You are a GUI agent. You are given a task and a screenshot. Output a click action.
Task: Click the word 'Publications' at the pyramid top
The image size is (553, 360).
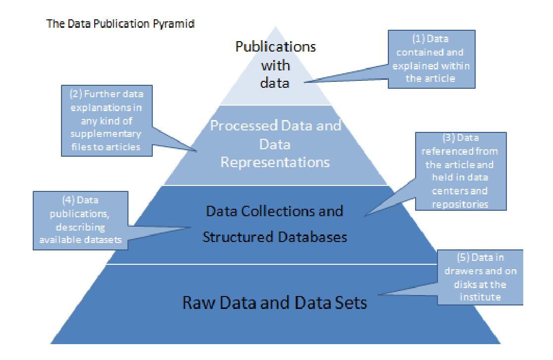click(x=275, y=47)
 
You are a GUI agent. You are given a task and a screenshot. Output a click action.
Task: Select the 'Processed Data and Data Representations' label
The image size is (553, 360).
click(x=275, y=144)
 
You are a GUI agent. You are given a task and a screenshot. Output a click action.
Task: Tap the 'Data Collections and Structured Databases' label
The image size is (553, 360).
click(x=274, y=223)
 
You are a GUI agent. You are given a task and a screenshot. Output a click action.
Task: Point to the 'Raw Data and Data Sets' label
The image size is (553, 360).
click(x=275, y=302)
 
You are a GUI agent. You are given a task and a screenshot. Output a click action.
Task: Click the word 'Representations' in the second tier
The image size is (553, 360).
click(x=275, y=162)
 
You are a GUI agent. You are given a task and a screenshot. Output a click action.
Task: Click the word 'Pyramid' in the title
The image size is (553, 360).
click(x=178, y=24)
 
